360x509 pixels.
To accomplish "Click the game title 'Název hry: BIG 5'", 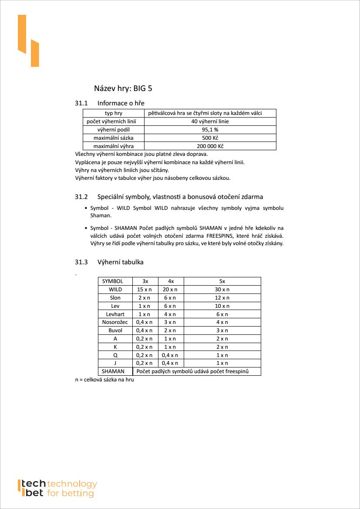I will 123,88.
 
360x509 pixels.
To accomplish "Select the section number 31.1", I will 81,103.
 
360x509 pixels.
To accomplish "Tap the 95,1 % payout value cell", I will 210,130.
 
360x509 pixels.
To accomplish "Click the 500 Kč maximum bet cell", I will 210,138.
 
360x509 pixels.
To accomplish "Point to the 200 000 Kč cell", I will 210,146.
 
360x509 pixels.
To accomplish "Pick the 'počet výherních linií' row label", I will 113,121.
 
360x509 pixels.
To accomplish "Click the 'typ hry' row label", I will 113,113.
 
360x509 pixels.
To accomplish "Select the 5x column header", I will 222,281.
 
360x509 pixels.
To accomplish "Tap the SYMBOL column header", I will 112,281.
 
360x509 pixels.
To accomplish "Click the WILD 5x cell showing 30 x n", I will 222,290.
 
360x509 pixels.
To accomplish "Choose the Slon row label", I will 115,298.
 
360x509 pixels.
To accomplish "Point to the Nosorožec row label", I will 115,322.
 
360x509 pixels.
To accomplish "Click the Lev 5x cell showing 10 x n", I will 222,306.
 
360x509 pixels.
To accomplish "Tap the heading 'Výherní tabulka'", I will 120,262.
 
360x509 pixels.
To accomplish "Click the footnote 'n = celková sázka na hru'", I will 104,380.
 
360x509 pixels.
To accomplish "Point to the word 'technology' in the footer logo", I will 72,484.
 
